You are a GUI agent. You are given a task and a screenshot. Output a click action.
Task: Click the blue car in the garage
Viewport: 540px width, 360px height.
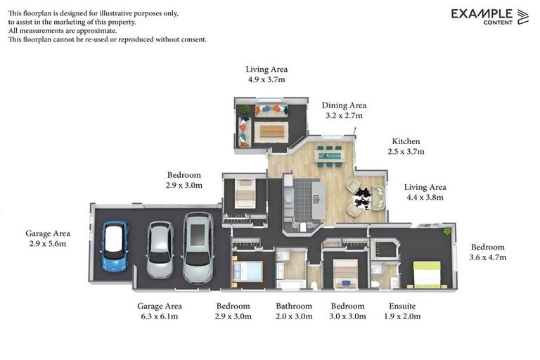(115, 246)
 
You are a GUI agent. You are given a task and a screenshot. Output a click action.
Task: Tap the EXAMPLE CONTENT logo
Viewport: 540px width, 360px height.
(489, 17)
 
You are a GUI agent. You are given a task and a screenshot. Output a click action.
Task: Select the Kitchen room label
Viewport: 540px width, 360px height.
(406, 141)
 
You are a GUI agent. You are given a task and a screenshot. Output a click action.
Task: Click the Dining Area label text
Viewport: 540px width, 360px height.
(344, 105)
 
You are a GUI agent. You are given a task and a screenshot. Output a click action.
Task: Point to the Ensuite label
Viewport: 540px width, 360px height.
(402, 306)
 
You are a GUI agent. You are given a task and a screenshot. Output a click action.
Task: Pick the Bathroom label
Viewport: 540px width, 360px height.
(294, 306)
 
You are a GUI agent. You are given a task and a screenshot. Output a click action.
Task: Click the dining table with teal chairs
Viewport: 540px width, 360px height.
(329, 156)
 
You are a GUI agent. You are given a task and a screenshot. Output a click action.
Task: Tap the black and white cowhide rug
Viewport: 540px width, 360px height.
(363, 198)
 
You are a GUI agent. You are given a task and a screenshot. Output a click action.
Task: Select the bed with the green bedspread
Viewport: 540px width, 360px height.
(427, 274)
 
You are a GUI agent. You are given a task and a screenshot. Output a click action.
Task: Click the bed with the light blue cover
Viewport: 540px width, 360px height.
(248, 271)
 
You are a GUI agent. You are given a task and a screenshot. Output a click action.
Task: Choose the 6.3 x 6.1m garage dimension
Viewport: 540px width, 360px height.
(160, 316)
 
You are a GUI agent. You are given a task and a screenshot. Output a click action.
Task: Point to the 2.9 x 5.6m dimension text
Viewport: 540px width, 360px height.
(48, 243)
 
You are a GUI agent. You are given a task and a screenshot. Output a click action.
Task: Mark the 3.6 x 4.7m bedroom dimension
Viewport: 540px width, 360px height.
(488, 257)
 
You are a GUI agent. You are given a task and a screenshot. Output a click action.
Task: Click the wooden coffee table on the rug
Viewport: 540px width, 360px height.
(271, 131)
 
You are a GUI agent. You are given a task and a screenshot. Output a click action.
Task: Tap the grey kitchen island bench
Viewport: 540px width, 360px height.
(319, 200)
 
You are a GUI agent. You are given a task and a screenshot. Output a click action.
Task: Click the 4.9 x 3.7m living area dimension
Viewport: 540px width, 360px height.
(266, 79)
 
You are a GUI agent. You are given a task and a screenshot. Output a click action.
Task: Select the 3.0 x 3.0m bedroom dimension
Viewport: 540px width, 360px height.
(347, 316)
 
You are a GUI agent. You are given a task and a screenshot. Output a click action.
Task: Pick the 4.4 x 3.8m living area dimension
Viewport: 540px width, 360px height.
(425, 198)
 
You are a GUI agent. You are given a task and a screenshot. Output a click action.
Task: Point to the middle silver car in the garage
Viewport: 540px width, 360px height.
(160, 250)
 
